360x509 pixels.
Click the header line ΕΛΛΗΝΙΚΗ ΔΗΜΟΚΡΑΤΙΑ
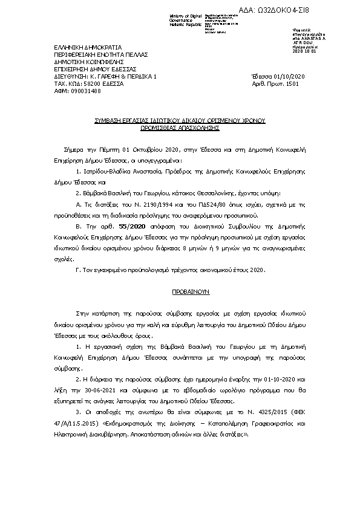88,47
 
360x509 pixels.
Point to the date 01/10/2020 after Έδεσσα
289,77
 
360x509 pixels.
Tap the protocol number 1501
292,84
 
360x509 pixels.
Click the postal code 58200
91,84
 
